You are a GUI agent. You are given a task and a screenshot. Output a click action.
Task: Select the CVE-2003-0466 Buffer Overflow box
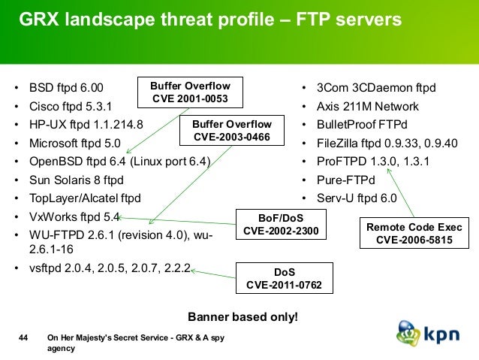click(x=232, y=130)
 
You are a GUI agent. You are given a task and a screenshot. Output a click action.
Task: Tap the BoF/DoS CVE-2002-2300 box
click(x=282, y=224)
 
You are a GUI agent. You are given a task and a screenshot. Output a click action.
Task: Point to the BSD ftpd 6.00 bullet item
click(x=66, y=89)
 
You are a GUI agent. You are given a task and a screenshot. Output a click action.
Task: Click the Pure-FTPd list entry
click(x=345, y=180)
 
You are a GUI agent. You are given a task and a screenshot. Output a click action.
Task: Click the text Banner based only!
click(x=242, y=316)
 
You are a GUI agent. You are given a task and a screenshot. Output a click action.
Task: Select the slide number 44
click(x=23, y=339)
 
